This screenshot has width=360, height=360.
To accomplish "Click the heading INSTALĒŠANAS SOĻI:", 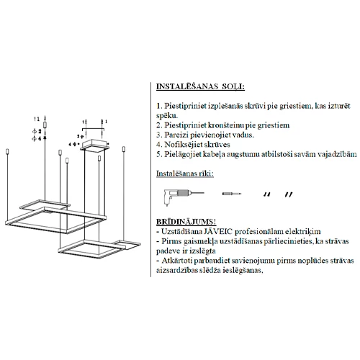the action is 200,86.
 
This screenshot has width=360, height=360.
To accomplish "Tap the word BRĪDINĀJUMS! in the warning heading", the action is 186,222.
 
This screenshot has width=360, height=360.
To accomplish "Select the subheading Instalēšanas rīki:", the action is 185,174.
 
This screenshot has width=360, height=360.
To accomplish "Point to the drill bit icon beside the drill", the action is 232,194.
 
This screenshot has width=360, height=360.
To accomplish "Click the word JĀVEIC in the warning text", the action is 218,231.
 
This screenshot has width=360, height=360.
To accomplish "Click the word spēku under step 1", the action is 167,116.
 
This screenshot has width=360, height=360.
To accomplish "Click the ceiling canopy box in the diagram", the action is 94,145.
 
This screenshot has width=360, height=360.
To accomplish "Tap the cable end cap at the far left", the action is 7,152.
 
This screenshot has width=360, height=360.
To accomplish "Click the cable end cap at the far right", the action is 124,149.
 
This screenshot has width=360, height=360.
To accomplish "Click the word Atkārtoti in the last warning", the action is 177,261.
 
